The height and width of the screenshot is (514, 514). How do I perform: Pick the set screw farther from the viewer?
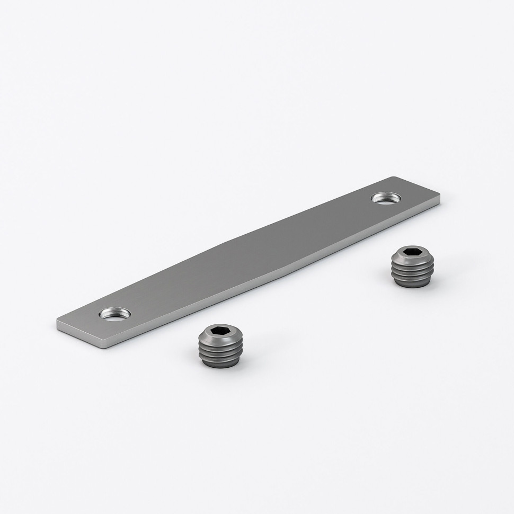[x=413, y=267]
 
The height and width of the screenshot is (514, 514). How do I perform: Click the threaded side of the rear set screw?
[x=413, y=273]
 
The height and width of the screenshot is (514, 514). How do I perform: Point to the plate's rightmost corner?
[x=439, y=198]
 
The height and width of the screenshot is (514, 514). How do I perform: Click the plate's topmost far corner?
[x=394, y=178]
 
